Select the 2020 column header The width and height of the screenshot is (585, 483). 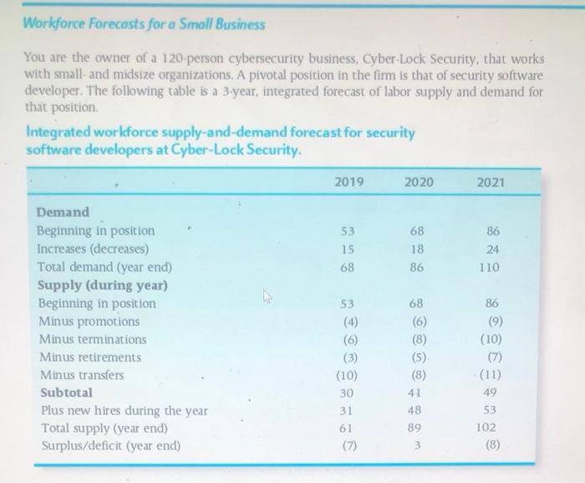pyautogui.click(x=419, y=182)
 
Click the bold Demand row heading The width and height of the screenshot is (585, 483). pyautogui.click(x=63, y=213)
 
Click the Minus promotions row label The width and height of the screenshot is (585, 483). pyautogui.click(x=88, y=321)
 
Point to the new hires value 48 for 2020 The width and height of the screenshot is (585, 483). pyautogui.click(x=417, y=410)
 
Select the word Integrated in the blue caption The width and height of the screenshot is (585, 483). pyautogui.click(x=59, y=133)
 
